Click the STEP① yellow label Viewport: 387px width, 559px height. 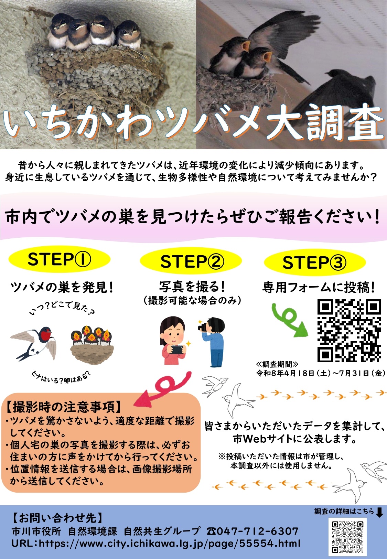pyautogui.click(x=60, y=259)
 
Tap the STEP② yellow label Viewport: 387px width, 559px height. pyautogui.click(x=191, y=261)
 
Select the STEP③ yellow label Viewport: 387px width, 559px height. pyautogui.click(x=315, y=262)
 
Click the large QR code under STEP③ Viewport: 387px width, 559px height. pyautogui.click(x=349, y=330)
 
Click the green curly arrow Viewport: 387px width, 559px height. pyautogui.click(x=289, y=320)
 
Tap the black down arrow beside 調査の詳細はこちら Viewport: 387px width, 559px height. pyautogui.click(x=379, y=512)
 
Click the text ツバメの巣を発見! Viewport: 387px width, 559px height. pyautogui.click(x=62, y=288)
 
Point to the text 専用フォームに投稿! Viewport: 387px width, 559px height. pyautogui.click(x=319, y=288)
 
